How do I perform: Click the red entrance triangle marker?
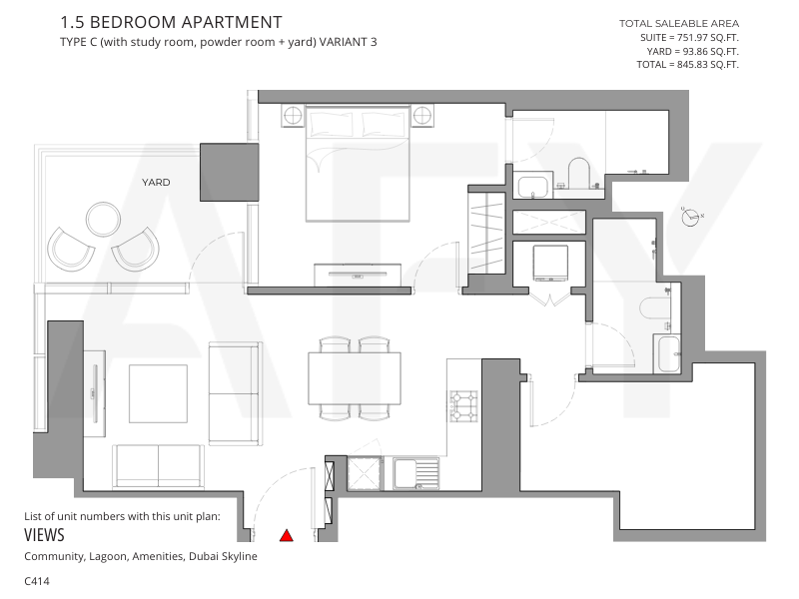[287, 535]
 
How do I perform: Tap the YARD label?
[156, 182]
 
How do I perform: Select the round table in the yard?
[104, 220]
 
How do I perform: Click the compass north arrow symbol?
[690, 217]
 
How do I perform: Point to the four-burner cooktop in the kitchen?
[463, 406]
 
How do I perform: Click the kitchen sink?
[415, 473]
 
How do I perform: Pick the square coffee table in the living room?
[158, 393]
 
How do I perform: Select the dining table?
[355, 378]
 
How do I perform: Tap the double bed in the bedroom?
[358, 164]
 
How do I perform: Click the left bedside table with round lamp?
[293, 116]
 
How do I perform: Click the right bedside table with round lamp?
[422, 116]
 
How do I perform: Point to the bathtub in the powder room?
[667, 354]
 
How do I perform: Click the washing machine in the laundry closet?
[550, 263]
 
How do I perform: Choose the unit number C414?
[37, 581]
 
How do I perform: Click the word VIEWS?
[44, 535]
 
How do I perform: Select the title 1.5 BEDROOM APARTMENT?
[171, 22]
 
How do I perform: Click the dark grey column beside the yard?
[230, 172]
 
